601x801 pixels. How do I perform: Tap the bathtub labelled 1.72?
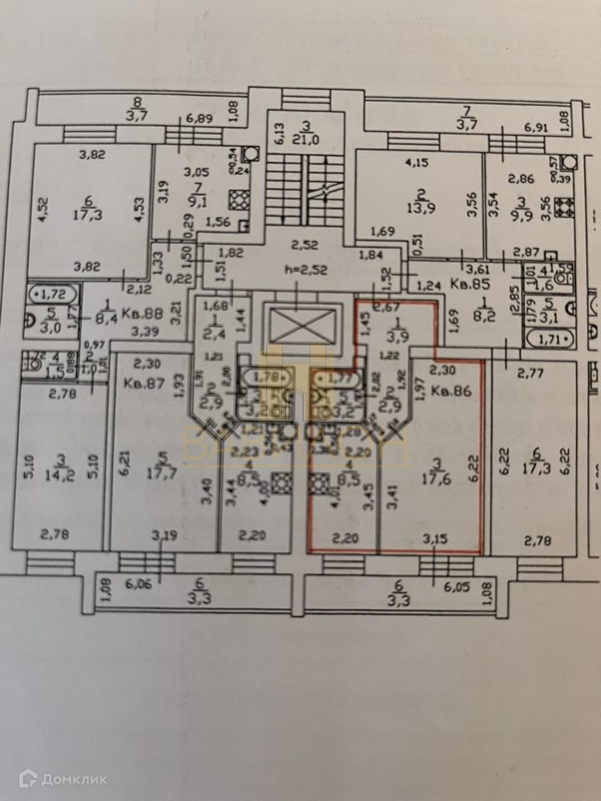(55, 293)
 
